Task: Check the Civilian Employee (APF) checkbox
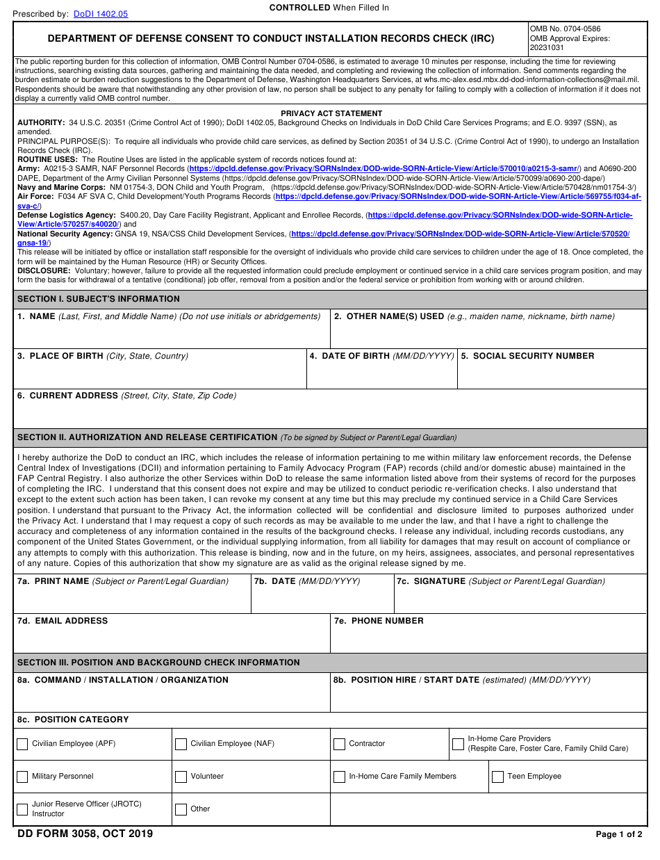22,744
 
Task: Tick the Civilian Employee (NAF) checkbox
181,744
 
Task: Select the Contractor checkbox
339,744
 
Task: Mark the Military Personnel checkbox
22,777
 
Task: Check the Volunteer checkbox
181,777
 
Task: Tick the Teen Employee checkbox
497,777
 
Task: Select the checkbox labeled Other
181,809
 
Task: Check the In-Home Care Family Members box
339,777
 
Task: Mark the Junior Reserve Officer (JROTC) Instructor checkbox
22,809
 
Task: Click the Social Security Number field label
527,356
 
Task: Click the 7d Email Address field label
63,621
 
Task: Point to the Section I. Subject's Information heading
98,299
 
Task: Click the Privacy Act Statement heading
331,113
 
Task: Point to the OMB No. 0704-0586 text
565,29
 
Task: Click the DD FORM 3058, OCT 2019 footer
83,834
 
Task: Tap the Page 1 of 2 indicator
618,834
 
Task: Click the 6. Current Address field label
67,396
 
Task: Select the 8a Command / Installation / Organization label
122,680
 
